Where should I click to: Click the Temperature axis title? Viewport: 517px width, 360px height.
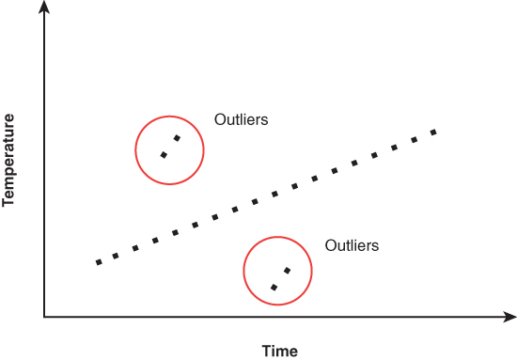pos(8,160)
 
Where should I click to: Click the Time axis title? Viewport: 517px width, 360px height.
pos(279,351)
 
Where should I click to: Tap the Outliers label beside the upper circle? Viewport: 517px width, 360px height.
pos(241,119)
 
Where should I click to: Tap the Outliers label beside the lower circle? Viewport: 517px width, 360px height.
pos(352,245)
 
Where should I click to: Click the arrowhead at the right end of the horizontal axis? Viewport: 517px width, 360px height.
pos(511,317)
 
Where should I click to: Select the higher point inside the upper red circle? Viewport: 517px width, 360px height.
pos(178,138)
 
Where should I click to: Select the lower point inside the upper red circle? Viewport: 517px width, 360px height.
pos(164,154)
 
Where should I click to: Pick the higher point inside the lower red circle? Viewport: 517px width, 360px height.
pos(288,271)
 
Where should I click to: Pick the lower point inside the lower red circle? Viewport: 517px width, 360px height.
pos(274,288)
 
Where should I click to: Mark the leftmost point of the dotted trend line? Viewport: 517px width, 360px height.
pos(99,262)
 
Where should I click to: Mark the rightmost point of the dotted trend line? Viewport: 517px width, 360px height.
pos(434,133)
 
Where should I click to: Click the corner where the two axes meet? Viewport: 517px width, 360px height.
pos(44,317)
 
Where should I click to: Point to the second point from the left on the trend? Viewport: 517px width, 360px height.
pos(116,256)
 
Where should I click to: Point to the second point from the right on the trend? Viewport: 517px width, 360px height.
pos(415,140)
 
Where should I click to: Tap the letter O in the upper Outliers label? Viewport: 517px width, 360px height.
pos(220,119)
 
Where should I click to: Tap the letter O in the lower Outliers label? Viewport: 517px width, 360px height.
pos(330,245)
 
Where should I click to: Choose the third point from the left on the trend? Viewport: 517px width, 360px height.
pos(135,248)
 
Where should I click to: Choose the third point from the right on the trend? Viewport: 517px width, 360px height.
pos(395,148)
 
